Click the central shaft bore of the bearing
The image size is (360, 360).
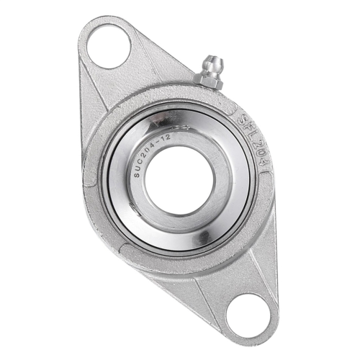pos(179,181)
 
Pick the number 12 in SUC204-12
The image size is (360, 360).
pos(166,138)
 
